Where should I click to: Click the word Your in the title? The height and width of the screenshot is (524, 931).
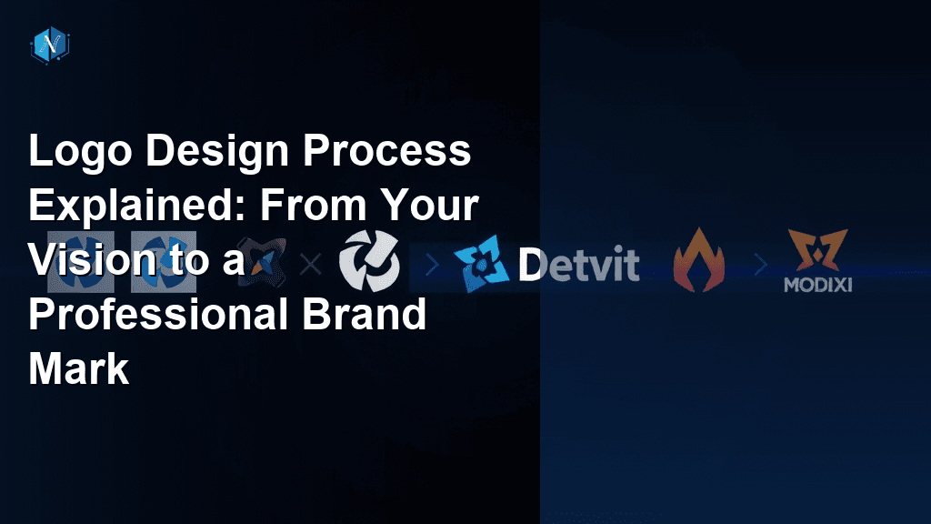pos(429,207)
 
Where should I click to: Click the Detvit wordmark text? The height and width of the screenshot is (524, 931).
pos(578,266)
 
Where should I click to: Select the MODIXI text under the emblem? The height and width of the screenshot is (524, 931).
pos(818,285)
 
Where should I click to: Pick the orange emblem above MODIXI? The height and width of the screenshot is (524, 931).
pos(818,250)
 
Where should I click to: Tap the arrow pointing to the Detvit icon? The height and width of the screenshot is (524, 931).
pos(432,266)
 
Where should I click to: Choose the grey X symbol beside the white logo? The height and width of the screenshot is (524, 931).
pos(310,265)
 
